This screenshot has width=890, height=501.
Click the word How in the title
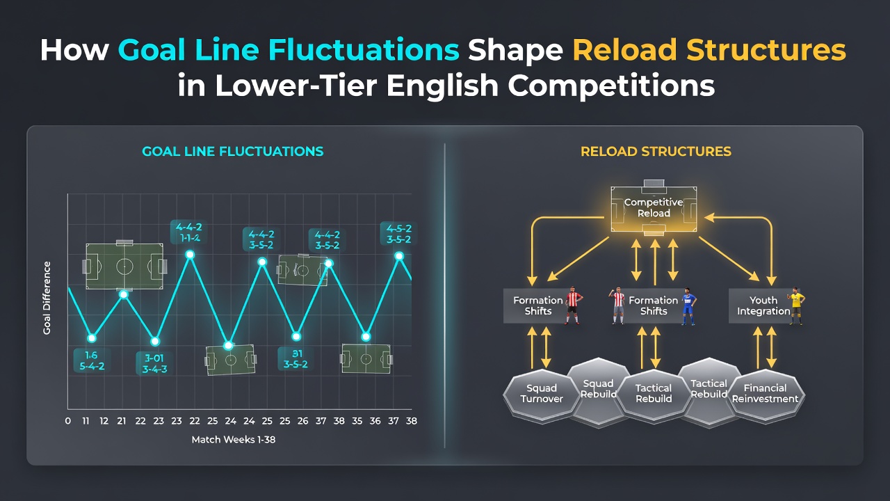tap(74, 50)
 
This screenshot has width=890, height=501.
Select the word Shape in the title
tap(515, 51)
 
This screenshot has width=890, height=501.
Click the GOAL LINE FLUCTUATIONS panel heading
tap(233, 152)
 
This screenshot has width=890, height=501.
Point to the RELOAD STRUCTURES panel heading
tap(656, 152)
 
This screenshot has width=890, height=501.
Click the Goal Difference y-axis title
tap(47, 298)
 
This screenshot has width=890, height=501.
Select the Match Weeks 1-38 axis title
tap(233, 439)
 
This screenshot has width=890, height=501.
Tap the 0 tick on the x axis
tap(67, 421)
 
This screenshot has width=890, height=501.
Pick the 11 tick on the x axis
tap(86, 421)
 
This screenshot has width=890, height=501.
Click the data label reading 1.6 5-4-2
tap(92, 360)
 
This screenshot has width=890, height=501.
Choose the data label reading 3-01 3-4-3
tap(154, 363)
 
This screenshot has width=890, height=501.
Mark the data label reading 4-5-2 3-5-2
tap(399, 234)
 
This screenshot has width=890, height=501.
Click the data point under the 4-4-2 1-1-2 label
tap(191, 255)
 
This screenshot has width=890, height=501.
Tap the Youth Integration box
tap(763, 305)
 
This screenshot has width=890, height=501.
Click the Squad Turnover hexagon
tap(542, 394)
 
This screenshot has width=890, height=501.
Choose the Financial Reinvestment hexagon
tap(765, 394)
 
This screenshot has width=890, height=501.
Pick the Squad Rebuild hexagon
tap(598, 389)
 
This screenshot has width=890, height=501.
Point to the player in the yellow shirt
tap(796, 305)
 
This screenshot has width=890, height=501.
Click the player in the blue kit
tap(688, 306)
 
